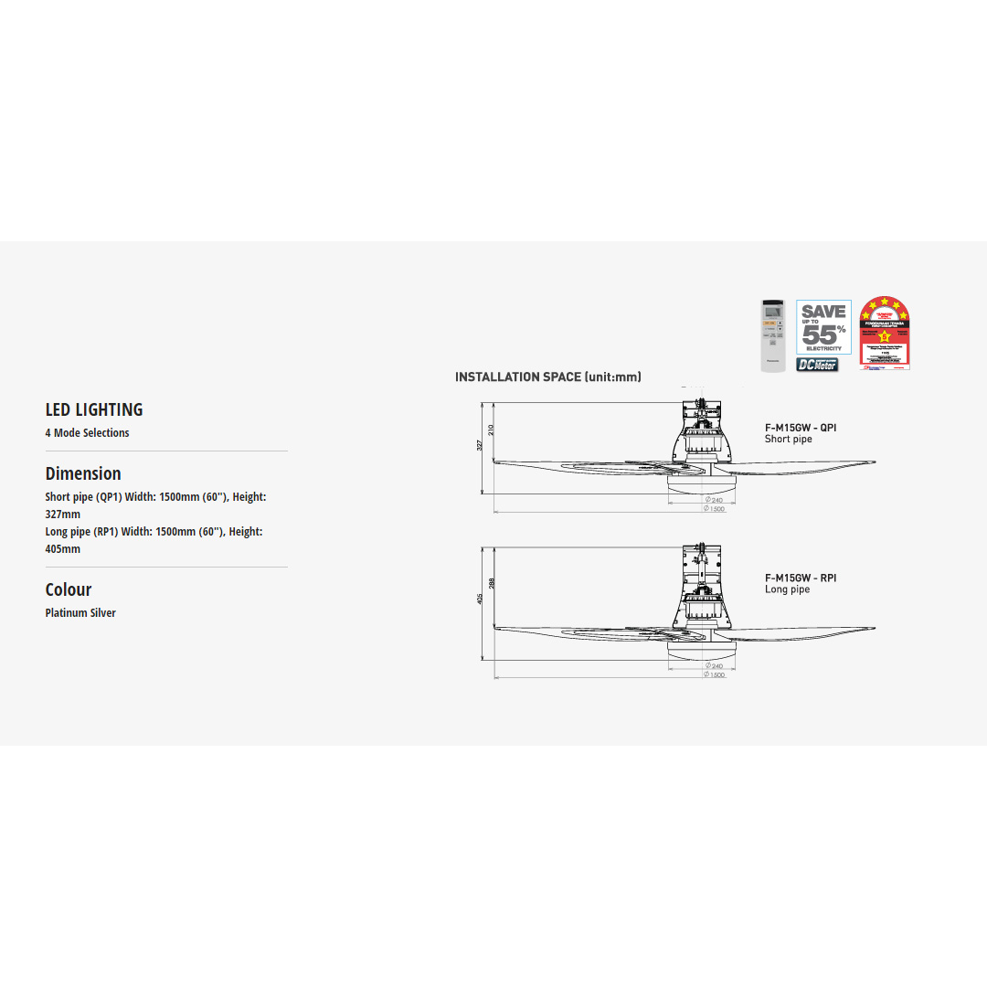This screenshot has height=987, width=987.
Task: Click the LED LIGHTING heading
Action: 94,409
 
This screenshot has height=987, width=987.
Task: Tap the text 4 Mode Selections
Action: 87,433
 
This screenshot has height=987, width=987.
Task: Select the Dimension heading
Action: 83,473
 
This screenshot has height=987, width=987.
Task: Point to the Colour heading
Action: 69,589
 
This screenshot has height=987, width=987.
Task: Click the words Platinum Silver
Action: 80,613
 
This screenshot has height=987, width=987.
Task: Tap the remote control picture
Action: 773,335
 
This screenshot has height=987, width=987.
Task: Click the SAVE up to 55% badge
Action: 823,326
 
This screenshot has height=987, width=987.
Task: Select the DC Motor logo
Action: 817,365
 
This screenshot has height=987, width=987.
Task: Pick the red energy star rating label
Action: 885,334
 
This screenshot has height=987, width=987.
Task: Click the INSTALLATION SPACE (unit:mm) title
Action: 548,377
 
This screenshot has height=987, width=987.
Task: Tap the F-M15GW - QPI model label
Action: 801,427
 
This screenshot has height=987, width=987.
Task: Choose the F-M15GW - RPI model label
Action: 801,578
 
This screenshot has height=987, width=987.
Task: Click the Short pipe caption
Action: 788,440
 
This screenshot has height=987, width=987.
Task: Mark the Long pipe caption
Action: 787,589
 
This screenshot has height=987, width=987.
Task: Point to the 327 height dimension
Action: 480,445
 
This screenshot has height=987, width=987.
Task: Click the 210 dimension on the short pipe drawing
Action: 492,429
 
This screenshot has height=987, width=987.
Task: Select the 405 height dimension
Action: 480,599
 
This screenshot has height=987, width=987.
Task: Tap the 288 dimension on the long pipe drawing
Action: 492,582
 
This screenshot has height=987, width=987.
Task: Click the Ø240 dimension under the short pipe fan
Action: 714,500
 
